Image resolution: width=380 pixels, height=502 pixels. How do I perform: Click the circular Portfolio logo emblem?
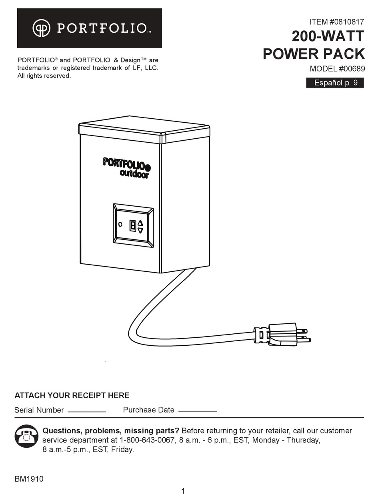click(x=41, y=28)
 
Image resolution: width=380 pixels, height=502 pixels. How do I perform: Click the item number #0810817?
click(x=346, y=22)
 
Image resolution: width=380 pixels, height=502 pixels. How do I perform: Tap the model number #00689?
click(x=352, y=69)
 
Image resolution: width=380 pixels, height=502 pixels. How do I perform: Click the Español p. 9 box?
click(x=335, y=83)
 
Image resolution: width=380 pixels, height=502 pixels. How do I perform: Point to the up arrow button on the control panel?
click(x=140, y=223)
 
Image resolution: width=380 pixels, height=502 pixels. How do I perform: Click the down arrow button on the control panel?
click(x=140, y=230)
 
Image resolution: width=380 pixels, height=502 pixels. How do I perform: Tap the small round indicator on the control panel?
click(x=120, y=224)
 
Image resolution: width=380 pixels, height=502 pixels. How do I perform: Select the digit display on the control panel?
click(x=133, y=226)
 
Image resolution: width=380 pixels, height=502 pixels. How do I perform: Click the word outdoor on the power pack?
click(x=134, y=174)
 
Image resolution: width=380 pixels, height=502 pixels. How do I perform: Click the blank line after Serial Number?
click(x=87, y=412)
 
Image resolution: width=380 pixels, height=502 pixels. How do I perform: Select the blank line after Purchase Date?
click(x=198, y=412)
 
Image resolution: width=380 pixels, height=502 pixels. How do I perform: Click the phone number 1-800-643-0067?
click(x=147, y=440)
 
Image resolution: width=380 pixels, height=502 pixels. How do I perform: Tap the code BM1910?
click(x=29, y=479)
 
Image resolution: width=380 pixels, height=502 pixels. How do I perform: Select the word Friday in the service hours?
click(x=122, y=450)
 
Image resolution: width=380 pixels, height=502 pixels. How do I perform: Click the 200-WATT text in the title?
click(x=328, y=36)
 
